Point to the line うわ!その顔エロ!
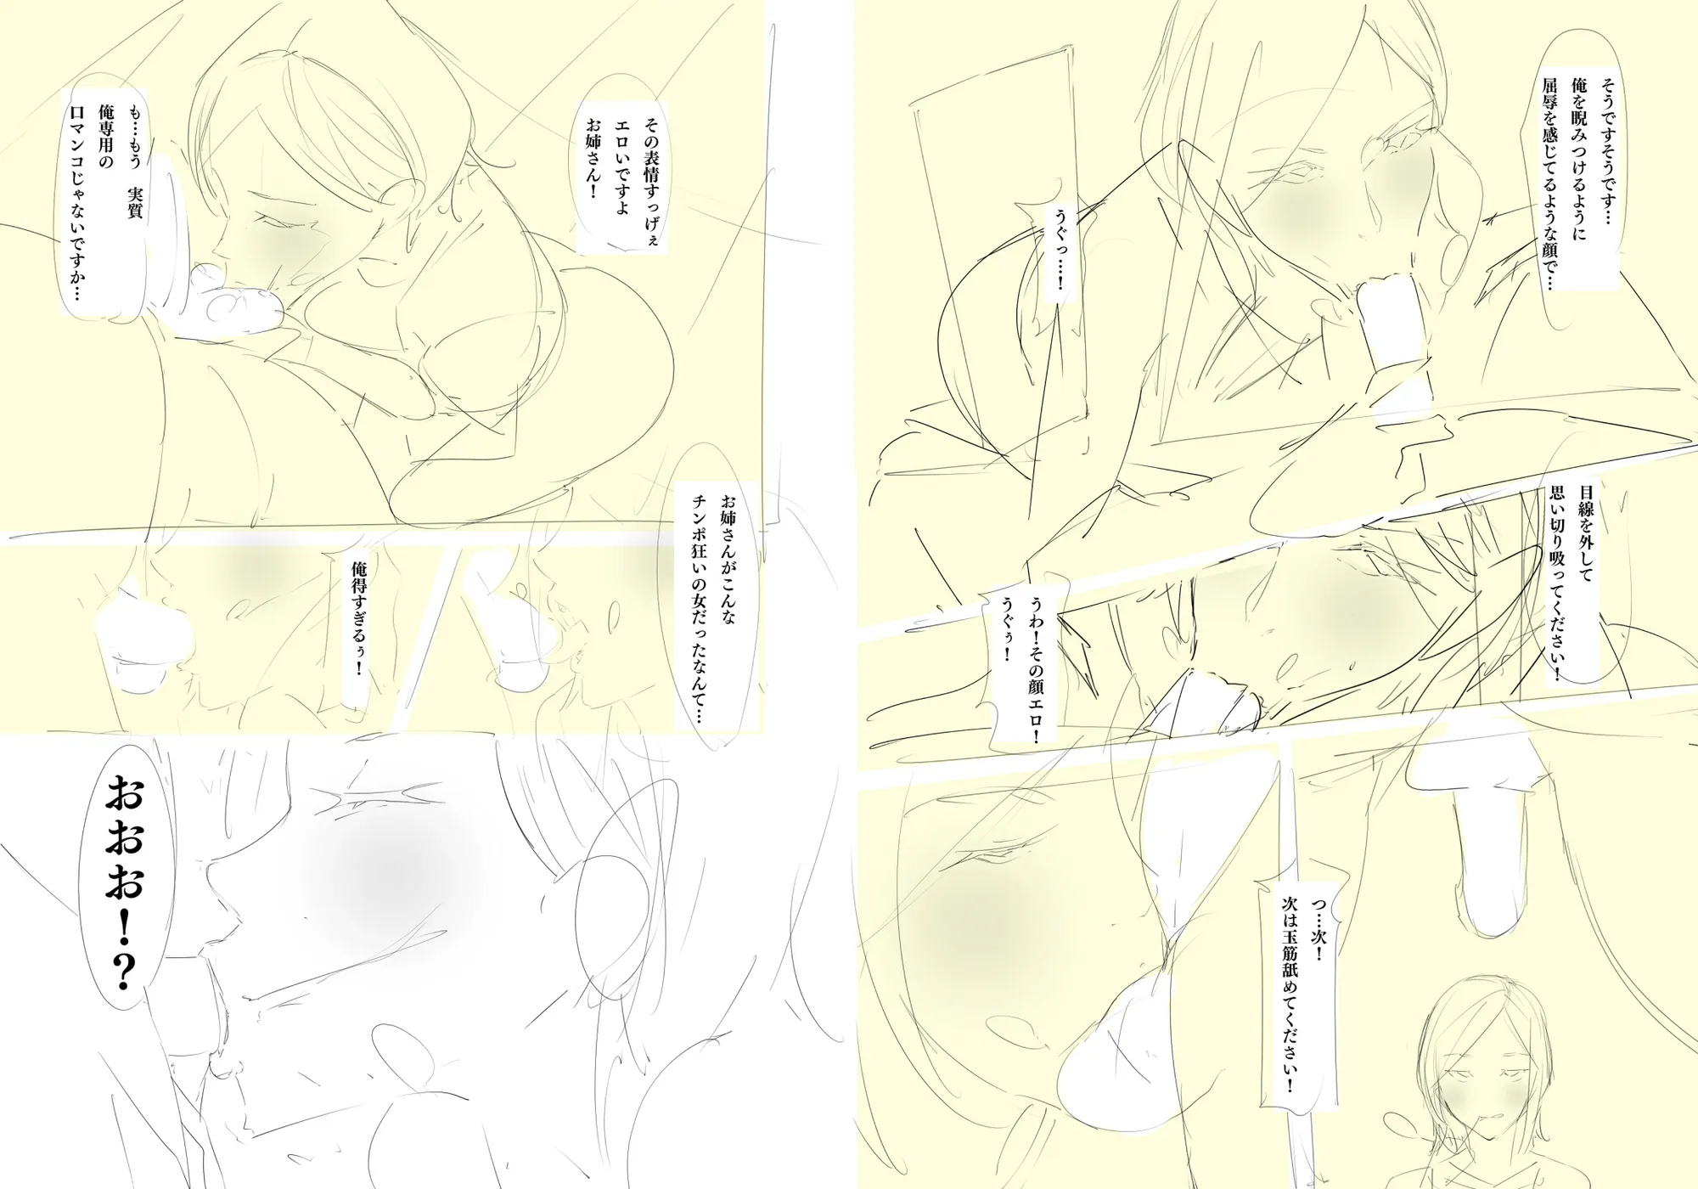coord(1035,662)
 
